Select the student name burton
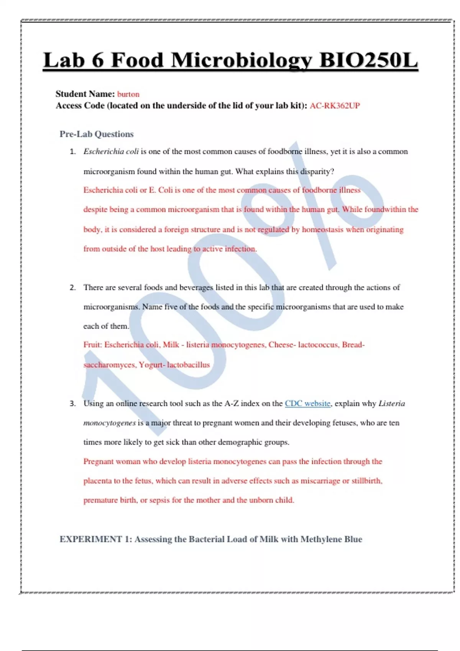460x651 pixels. (x=128, y=94)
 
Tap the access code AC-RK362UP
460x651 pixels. (x=335, y=106)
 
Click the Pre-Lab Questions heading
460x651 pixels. (x=97, y=134)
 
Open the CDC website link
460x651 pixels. (x=307, y=403)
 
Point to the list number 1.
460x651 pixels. (x=73, y=152)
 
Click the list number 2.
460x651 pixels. (x=73, y=288)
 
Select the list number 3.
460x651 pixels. (x=73, y=404)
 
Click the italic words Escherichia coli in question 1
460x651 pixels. (x=111, y=152)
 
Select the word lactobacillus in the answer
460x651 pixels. (x=188, y=365)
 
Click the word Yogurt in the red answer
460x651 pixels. (x=151, y=365)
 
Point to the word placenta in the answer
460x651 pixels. (x=97, y=481)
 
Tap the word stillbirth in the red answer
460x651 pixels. (x=367, y=481)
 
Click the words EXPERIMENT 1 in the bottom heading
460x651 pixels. (x=91, y=539)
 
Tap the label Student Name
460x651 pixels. (x=85, y=94)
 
